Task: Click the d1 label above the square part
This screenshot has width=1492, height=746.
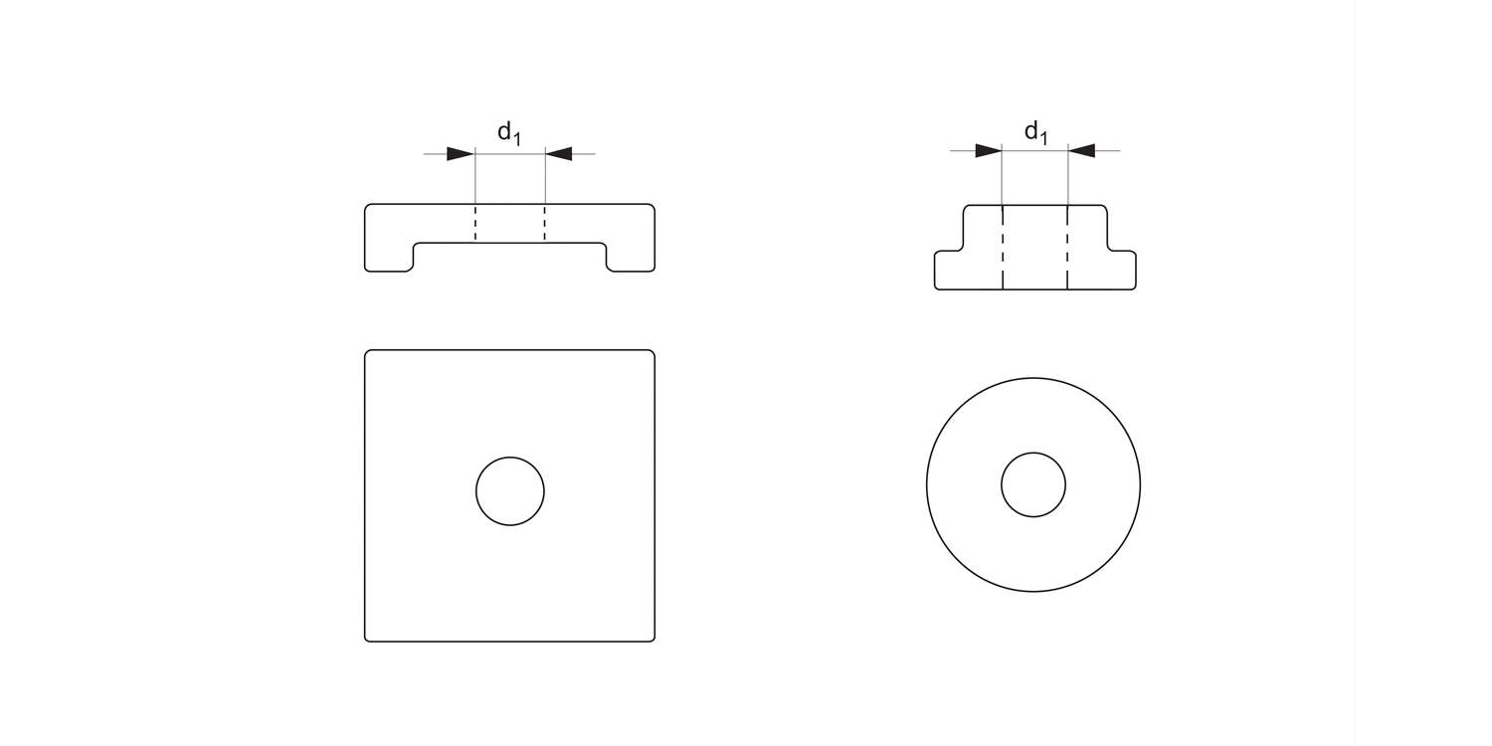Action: pyautogui.click(x=508, y=133)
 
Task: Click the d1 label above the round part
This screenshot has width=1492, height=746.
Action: pyautogui.click(x=1035, y=131)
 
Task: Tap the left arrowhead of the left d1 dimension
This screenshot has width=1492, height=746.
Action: pyautogui.click(x=460, y=154)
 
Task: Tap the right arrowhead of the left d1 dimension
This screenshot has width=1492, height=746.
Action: pyautogui.click(x=560, y=154)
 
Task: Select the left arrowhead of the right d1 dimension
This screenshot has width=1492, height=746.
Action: pyautogui.click(x=988, y=151)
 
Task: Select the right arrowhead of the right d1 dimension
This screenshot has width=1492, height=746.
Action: pyautogui.click(x=1082, y=151)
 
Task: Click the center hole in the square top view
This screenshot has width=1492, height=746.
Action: pyautogui.click(x=510, y=491)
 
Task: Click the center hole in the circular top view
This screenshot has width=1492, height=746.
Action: pyautogui.click(x=1033, y=484)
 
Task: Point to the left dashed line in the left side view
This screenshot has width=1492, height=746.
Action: pyautogui.click(x=475, y=224)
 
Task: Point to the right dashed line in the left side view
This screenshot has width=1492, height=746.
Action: pyautogui.click(x=544, y=224)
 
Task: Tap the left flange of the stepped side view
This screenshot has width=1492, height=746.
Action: pyautogui.click(x=949, y=270)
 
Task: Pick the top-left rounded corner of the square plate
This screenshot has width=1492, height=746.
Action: pyautogui.click(x=368, y=353)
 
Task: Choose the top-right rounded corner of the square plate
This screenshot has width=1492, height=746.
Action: pyautogui.click(x=652, y=353)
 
